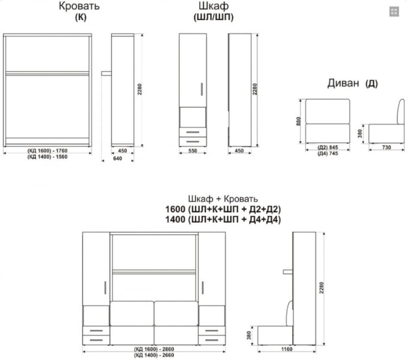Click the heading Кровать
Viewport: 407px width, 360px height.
(79, 6)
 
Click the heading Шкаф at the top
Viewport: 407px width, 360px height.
(214, 6)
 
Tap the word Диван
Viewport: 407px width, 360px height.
(343, 83)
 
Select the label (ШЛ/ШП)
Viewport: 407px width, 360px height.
(214, 17)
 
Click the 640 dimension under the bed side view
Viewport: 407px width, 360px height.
(118, 158)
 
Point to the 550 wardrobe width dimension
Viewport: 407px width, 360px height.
(193, 151)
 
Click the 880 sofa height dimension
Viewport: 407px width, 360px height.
(299, 121)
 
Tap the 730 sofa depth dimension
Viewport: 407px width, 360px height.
(386, 147)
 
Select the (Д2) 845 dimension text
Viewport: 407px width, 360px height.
(328, 147)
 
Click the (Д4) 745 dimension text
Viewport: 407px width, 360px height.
(328, 154)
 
